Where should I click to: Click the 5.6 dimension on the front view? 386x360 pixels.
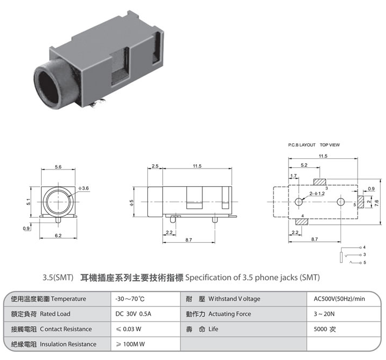[x=58, y=167]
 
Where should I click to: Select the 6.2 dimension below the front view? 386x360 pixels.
[x=58, y=236]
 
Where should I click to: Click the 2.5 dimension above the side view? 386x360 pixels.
[x=155, y=166]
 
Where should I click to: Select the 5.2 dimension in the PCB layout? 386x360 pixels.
[x=304, y=165]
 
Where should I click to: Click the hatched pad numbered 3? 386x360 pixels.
[x=323, y=182]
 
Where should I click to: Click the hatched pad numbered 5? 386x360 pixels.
[x=360, y=202]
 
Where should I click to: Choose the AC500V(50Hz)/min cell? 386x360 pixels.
[x=339, y=298]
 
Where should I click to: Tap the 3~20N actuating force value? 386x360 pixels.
[x=324, y=313]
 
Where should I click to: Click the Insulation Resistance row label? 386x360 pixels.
[x=68, y=344]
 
